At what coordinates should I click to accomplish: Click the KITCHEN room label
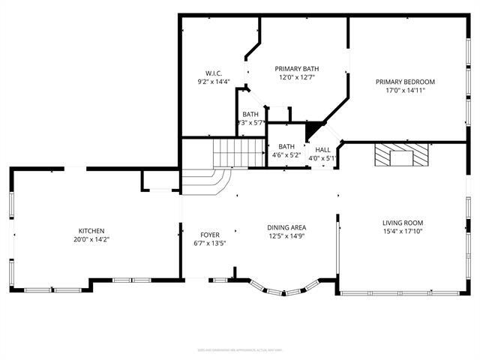click(91, 231)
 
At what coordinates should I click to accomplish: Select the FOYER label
click(209, 234)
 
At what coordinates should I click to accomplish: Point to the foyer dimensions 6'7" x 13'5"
click(209, 244)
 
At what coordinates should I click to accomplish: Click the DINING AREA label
click(286, 227)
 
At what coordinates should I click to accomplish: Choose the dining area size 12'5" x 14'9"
click(286, 237)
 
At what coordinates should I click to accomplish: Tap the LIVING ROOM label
click(403, 223)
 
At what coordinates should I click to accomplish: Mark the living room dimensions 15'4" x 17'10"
click(403, 232)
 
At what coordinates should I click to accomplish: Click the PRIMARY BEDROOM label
click(405, 82)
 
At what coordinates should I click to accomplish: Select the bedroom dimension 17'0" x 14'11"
click(405, 91)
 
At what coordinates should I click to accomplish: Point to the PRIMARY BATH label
click(298, 67)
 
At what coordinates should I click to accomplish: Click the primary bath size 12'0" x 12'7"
click(298, 77)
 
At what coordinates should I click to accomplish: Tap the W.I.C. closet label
click(214, 73)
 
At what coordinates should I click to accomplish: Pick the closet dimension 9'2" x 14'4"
click(214, 82)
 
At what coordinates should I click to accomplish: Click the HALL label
click(323, 149)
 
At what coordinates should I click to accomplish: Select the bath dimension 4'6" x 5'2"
click(286, 156)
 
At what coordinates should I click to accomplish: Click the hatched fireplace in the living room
click(403, 155)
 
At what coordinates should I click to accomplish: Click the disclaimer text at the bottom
click(239, 349)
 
